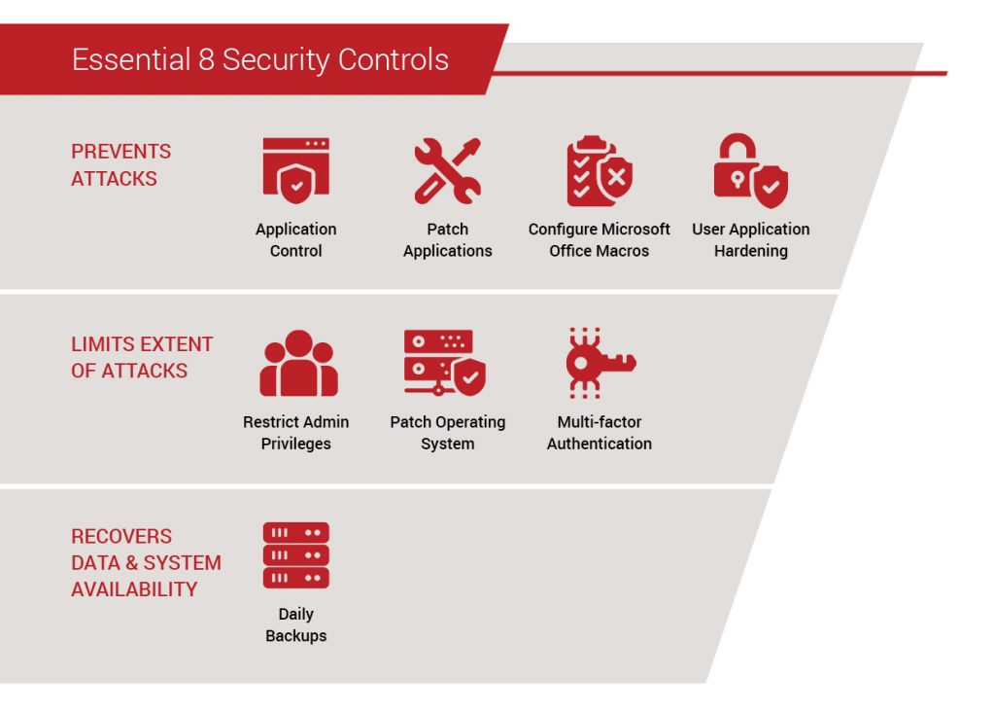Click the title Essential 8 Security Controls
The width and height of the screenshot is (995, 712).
click(x=260, y=60)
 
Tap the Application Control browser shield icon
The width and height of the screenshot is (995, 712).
click(x=296, y=170)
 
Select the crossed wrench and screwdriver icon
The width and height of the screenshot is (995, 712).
click(x=447, y=170)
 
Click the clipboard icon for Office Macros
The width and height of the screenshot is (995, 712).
click(x=599, y=171)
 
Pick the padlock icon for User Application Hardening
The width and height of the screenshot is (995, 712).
click(x=751, y=170)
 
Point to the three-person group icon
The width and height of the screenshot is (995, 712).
click(x=298, y=364)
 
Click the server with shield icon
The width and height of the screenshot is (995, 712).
click(x=445, y=363)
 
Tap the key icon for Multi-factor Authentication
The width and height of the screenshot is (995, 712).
click(x=600, y=363)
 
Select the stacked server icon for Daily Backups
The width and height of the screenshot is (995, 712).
click(x=296, y=555)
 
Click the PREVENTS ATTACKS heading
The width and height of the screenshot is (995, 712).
click(x=120, y=165)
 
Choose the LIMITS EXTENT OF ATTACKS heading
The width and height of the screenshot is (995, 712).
click(x=142, y=358)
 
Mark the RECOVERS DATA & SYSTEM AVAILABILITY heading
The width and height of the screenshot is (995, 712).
click(x=146, y=563)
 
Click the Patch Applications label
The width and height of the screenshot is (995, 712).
click(x=447, y=240)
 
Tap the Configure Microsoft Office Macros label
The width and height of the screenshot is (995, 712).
click(x=599, y=240)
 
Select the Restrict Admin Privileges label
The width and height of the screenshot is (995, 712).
click(x=295, y=433)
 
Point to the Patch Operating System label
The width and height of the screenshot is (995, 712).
click(x=447, y=433)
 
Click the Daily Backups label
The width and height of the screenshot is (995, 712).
click(x=295, y=625)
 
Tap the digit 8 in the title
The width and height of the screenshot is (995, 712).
click(x=206, y=60)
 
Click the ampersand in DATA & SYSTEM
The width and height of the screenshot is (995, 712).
click(x=131, y=563)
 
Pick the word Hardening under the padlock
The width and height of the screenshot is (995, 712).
click(x=751, y=251)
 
